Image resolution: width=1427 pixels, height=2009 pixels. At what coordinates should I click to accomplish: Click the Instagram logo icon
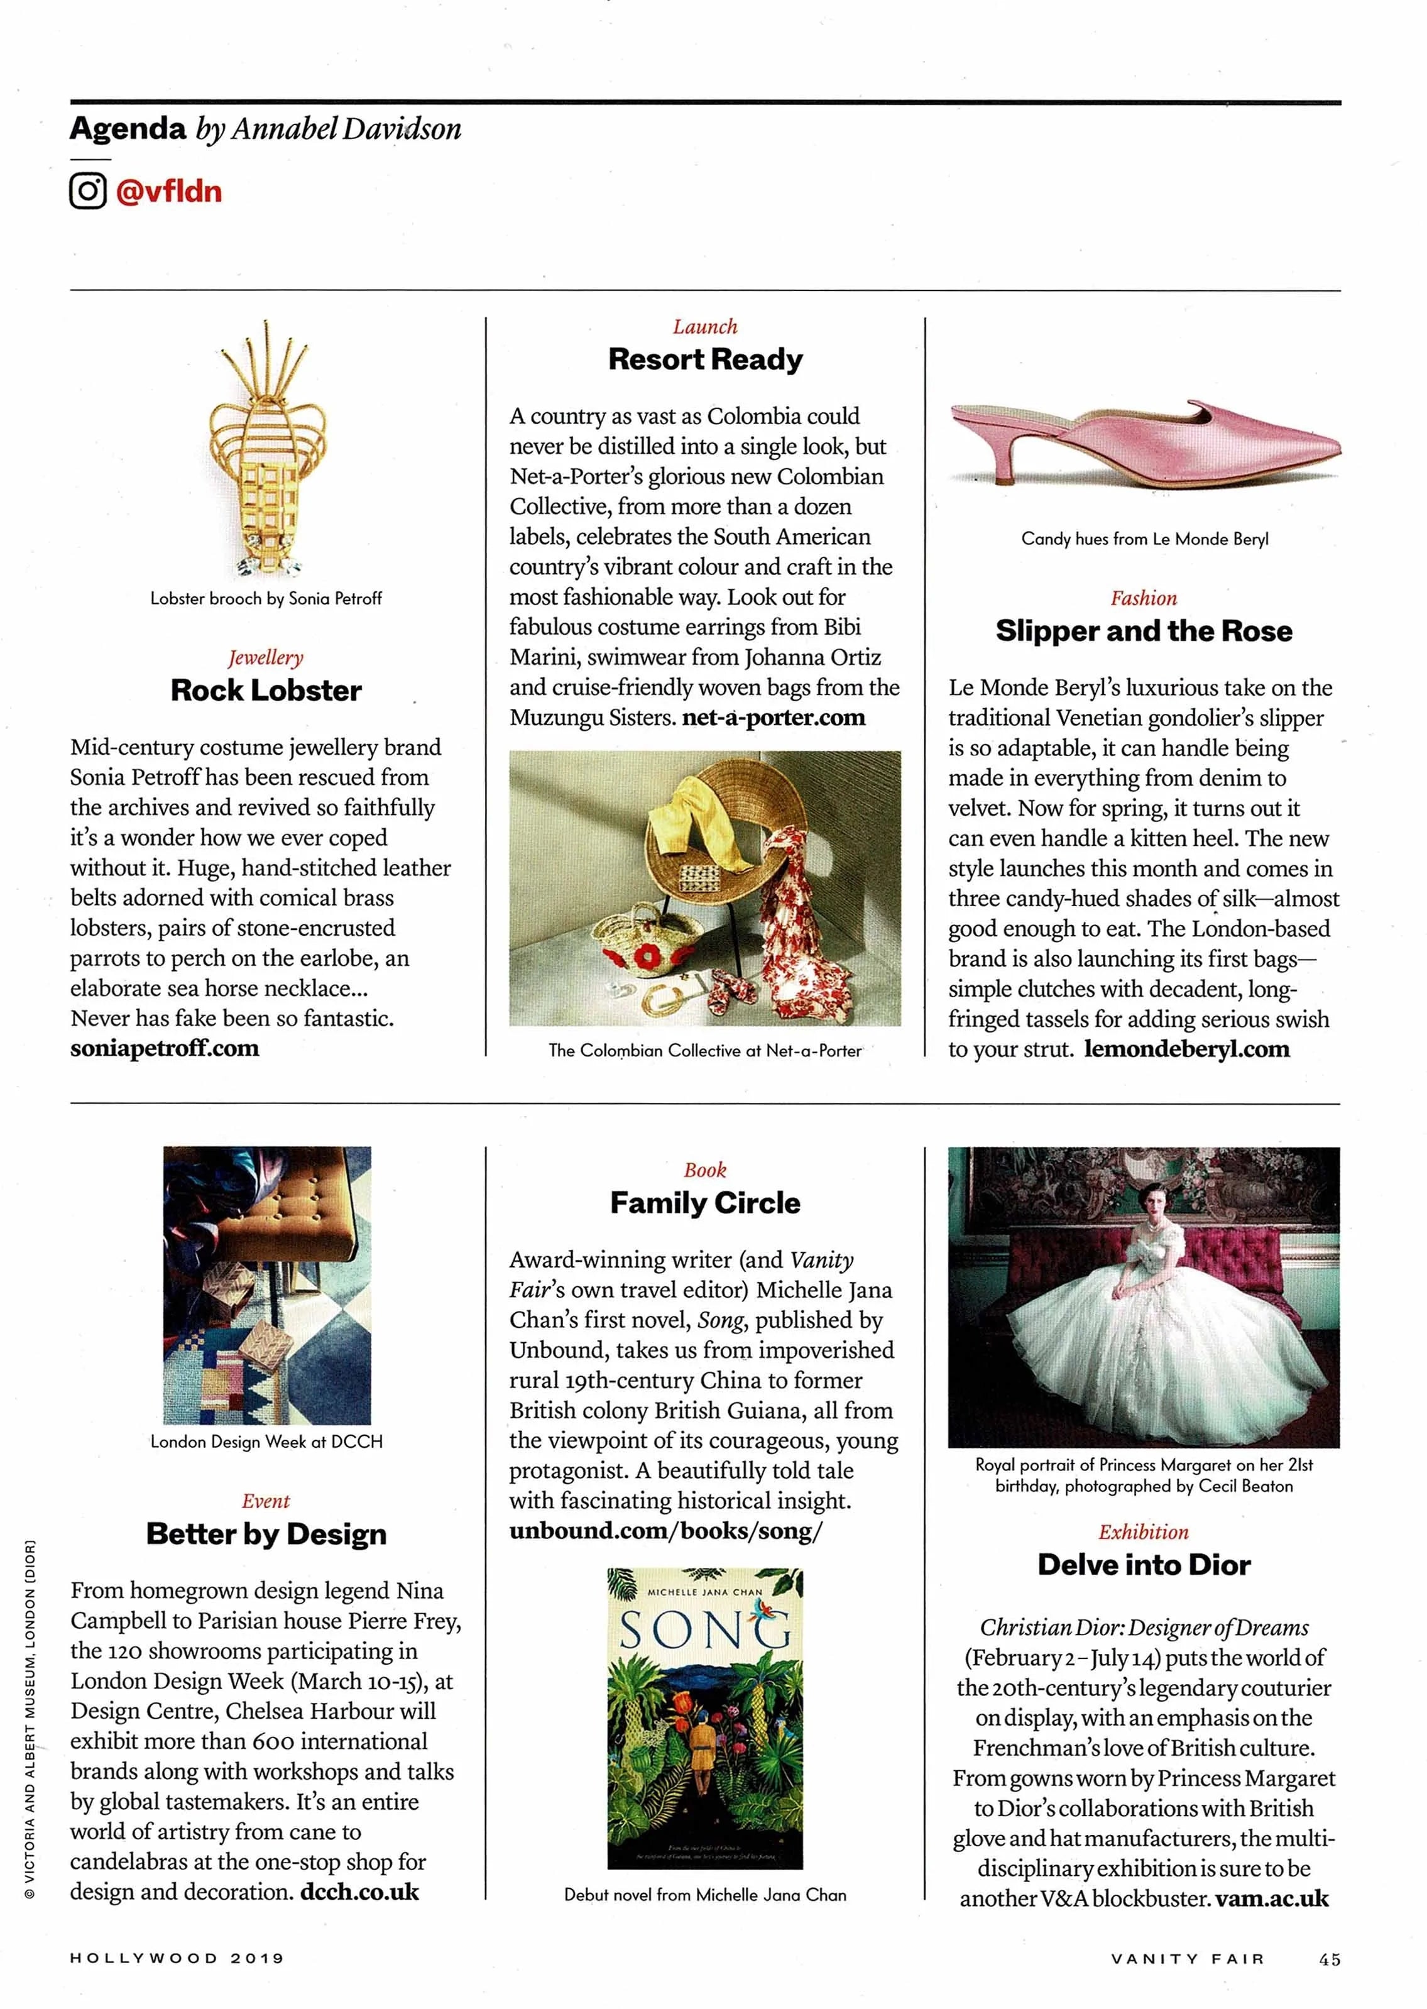[x=88, y=190]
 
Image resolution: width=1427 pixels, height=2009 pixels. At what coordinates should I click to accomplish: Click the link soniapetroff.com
[x=165, y=1048]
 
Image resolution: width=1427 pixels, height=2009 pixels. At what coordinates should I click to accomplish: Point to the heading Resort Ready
[x=705, y=359]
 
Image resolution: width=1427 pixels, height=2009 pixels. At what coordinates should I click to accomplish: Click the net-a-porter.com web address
[x=774, y=718]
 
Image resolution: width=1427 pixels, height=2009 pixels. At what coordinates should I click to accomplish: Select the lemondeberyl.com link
[x=1186, y=1049]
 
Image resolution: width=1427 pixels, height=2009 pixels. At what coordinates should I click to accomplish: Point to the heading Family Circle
[x=705, y=1203]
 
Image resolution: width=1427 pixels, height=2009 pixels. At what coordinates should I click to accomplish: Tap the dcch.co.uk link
[x=359, y=1892]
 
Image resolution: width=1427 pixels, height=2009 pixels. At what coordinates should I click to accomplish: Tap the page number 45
[x=1328, y=1959]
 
